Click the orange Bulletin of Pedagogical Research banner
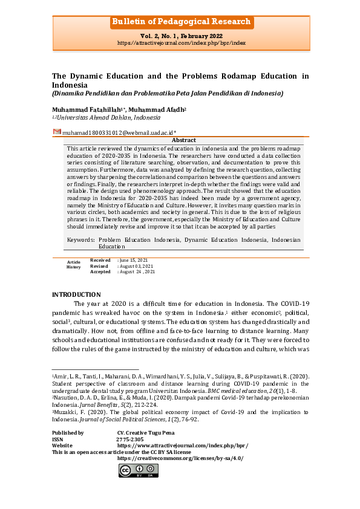[180, 22]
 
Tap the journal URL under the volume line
[180, 44]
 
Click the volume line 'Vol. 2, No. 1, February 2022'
[180, 37]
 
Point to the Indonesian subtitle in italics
[167, 94]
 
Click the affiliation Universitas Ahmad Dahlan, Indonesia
[108, 117]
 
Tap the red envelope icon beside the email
[57, 132]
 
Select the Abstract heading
[184, 140]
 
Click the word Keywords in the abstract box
[80, 240]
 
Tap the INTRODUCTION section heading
[76, 294]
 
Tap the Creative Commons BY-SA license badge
[139, 470]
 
